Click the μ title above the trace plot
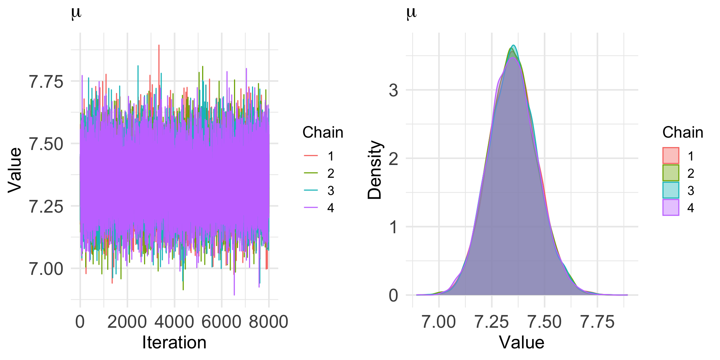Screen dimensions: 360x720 [76, 13]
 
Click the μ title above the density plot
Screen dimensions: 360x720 [411, 13]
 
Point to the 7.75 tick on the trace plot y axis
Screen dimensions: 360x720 [46, 81]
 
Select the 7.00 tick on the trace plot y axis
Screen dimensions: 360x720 [46, 269]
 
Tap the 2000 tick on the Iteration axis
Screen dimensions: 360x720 [127, 322]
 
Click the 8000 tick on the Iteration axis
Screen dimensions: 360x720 [268, 322]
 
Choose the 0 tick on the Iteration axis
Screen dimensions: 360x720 [80, 322]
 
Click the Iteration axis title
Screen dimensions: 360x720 [174, 343]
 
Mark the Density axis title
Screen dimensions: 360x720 [375, 169]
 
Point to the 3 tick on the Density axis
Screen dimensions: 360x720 [393, 90]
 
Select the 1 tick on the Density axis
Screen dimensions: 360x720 [393, 227]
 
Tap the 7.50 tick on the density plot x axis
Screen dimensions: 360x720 [544, 322]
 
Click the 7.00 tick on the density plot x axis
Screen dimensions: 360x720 [439, 322]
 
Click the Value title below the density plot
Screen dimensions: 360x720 [521, 343]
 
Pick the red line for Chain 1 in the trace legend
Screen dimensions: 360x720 [310, 156]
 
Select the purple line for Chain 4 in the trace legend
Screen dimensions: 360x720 [310, 208]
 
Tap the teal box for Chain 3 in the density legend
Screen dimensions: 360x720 [670, 190]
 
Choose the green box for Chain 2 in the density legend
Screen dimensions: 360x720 [670, 173]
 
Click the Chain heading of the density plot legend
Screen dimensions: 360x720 [682, 132]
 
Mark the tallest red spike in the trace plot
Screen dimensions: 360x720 [159, 46]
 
